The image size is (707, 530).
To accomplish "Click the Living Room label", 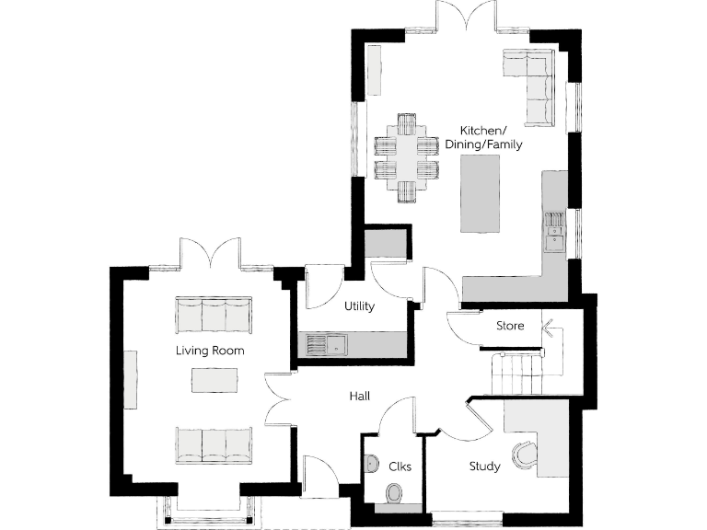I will pos(211,351).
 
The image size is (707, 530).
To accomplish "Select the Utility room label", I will pos(358,306).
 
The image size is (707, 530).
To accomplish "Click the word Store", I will pos(510,326).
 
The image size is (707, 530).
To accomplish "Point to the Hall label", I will pos(359,396).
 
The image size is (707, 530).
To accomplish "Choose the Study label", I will pos(484,467).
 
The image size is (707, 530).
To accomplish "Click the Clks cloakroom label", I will pos(400,467).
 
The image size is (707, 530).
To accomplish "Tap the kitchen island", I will pos(480,194).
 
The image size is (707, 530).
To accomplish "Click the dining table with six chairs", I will pos(406,157).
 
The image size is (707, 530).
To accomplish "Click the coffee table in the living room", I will pos(214,380).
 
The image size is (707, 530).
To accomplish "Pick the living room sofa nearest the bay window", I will pos(213,445).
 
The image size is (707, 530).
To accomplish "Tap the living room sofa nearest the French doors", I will pos(213,315).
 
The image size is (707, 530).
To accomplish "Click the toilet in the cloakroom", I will pos(393,494).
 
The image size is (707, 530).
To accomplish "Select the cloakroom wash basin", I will pos(371,463).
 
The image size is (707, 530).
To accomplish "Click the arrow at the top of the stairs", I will pos(551,327).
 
